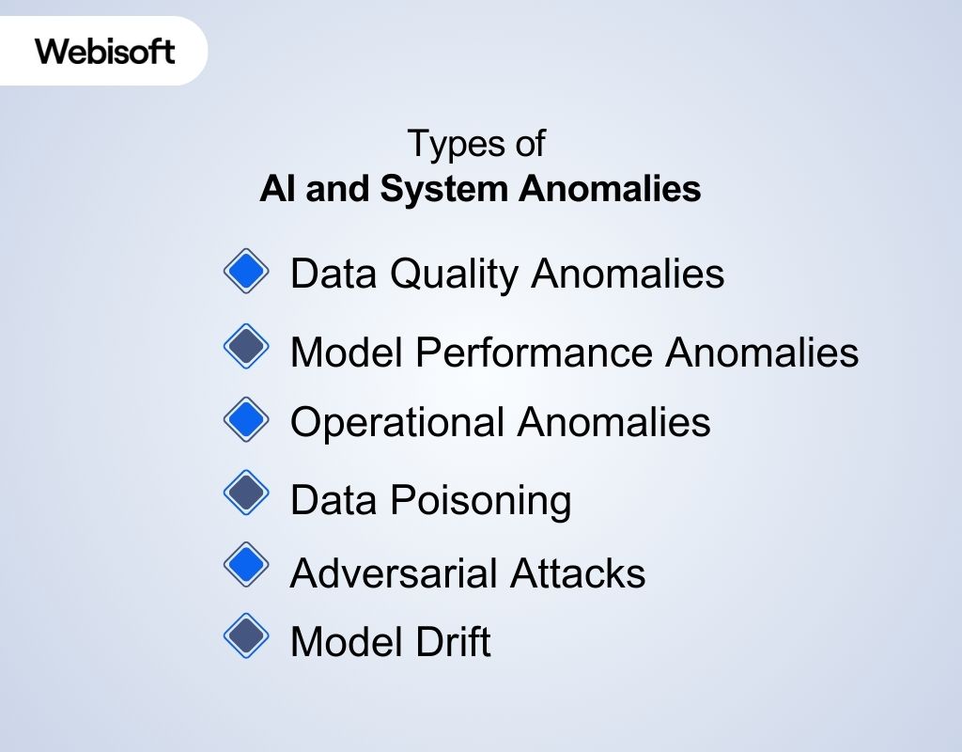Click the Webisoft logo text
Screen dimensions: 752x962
[x=105, y=50]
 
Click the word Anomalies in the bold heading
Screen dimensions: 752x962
[x=610, y=189]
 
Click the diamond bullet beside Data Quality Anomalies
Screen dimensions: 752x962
[x=246, y=272]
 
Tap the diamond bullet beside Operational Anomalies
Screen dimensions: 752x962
[x=246, y=418]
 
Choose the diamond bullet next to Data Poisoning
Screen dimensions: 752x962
[x=246, y=493]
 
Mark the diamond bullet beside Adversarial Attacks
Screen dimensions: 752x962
[x=246, y=564]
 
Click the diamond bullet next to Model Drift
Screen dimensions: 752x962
[x=246, y=636]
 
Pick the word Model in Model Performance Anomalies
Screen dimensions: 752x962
[x=347, y=352]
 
